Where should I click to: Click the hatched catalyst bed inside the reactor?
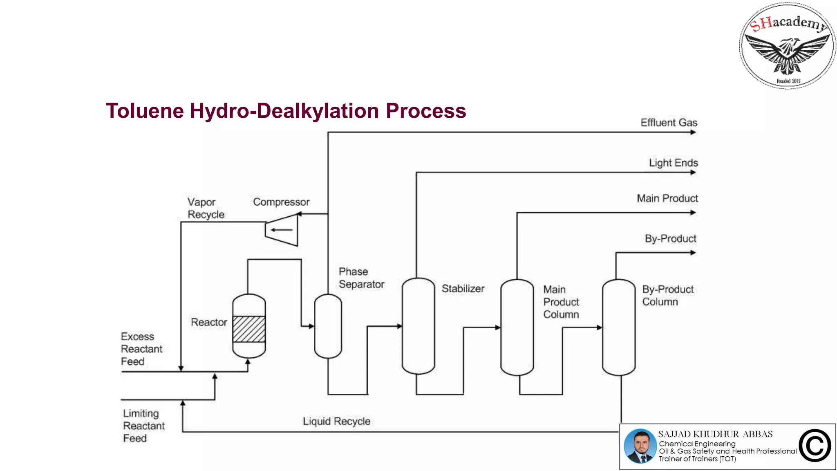pyautogui.click(x=249, y=329)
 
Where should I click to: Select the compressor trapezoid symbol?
pyautogui.click(x=282, y=230)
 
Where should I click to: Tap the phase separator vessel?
pyautogui.click(x=328, y=326)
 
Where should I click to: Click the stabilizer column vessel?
pyautogui.click(x=418, y=326)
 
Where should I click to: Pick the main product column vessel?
pyautogui.click(x=517, y=327)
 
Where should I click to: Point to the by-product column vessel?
pyautogui.click(x=618, y=327)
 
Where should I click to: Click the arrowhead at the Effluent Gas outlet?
pyautogui.click(x=693, y=132)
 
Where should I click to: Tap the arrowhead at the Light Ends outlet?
pyautogui.click(x=693, y=173)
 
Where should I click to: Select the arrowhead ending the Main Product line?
pyautogui.click(x=693, y=213)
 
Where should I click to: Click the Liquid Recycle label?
pyautogui.click(x=336, y=422)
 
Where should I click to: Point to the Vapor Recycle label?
pyautogui.click(x=206, y=208)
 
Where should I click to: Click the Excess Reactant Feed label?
pyautogui.click(x=141, y=349)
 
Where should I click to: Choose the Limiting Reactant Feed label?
pyautogui.click(x=143, y=426)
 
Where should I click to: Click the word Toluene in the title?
pyautogui.click(x=145, y=111)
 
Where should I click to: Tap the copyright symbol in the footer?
pyautogui.click(x=815, y=446)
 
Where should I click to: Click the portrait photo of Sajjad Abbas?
pyautogui.click(x=640, y=446)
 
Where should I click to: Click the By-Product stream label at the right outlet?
pyautogui.click(x=670, y=239)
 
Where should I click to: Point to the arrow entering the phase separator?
pyautogui.click(x=311, y=326)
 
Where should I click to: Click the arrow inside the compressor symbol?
pyautogui.click(x=282, y=230)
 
